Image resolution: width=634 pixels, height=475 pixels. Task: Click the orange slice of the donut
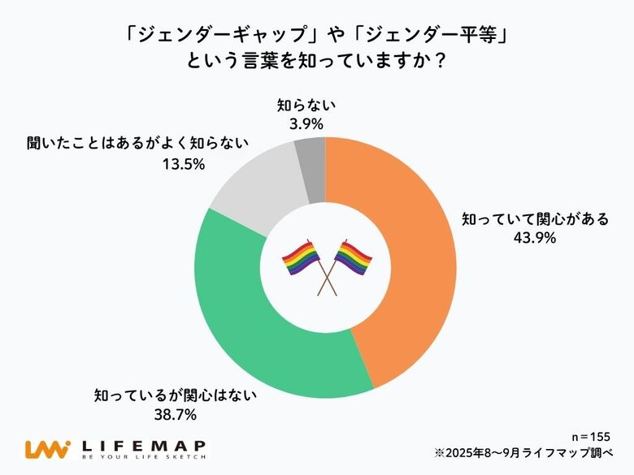[x=406, y=260]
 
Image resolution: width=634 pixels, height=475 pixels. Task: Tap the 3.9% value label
[x=306, y=124]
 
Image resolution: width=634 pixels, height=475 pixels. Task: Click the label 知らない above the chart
[x=306, y=106]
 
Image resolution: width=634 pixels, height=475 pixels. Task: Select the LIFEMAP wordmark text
[x=144, y=445]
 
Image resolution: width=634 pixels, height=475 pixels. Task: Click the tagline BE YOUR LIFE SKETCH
[x=144, y=459]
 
